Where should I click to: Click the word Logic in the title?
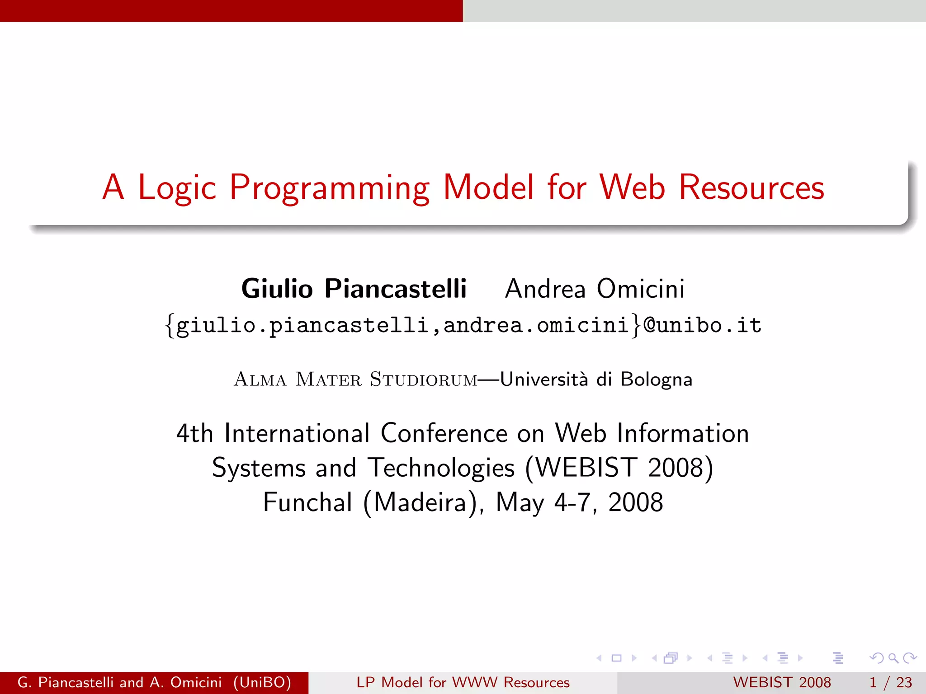[x=177, y=188]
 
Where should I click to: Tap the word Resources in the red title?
[x=751, y=188]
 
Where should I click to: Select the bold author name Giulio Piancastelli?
[x=354, y=289]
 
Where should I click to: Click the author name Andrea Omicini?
[x=595, y=289]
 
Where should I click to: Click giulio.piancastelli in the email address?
[x=302, y=325]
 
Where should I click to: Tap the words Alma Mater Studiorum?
[x=355, y=379]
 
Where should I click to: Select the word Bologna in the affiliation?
[x=656, y=379]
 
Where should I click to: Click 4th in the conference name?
[x=194, y=433]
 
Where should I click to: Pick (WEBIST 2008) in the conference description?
[x=619, y=468]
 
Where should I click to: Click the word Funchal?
[x=307, y=502]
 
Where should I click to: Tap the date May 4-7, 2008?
[x=579, y=502]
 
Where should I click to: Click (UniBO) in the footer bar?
[x=262, y=682]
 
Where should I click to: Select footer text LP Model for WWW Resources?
[x=463, y=682]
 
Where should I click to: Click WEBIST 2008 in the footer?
[x=782, y=682]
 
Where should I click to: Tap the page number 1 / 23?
[x=890, y=682]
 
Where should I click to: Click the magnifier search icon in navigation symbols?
[x=893, y=658]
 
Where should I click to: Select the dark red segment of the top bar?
[x=231, y=11]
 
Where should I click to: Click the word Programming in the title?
[x=330, y=188]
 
